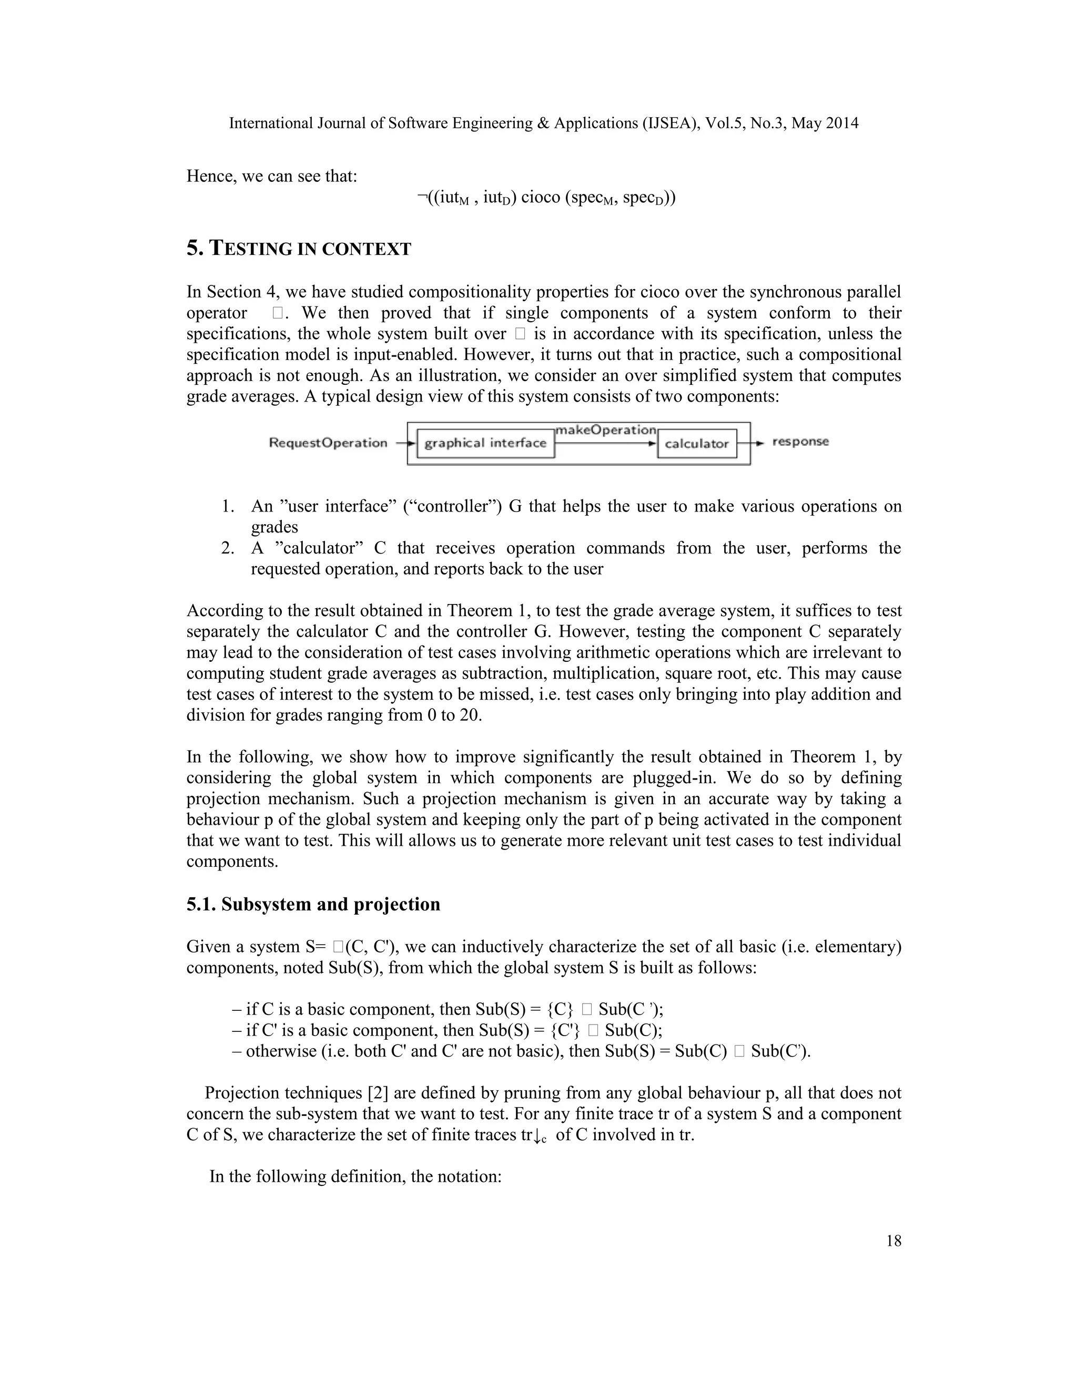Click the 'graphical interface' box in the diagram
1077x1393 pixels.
(x=485, y=443)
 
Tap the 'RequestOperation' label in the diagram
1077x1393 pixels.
(x=328, y=443)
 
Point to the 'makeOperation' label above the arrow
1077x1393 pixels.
(x=605, y=430)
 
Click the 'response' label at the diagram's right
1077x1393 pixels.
(x=800, y=442)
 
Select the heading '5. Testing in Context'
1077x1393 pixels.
(x=299, y=248)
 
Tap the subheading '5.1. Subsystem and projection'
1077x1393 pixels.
(x=313, y=905)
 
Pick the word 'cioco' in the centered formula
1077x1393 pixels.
(x=541, y=197)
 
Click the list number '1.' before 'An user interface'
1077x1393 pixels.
(x=228, y=506)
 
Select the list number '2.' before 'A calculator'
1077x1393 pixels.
(x=228, y=548)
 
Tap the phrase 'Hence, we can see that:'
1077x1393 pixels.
(x=272, y=176)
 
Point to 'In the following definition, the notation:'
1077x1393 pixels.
(x=355, y=1176)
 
